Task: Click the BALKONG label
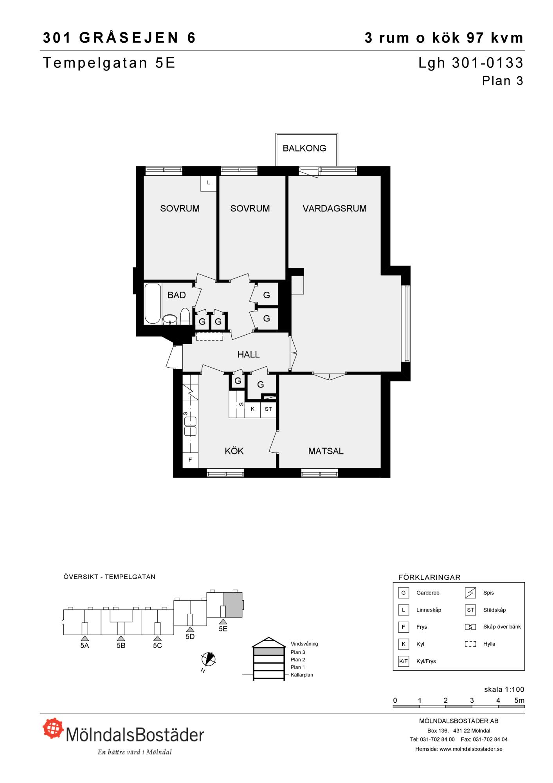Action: point(304,148)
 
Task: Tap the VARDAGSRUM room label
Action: point(335,209)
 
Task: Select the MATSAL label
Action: point(326,451)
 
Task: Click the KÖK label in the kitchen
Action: point(234,451)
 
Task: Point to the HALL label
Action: point(249,355)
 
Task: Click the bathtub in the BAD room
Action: point(152,304)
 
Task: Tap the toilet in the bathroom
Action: point(185,316)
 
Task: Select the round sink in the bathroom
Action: point(170,319)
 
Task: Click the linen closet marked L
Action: point(209,183)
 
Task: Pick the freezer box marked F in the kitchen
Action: point(190,460)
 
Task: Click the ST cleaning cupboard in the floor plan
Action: point(268,410)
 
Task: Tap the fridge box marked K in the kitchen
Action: point(253,410)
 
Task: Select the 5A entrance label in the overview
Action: point(85,646)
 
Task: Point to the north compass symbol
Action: point(209,659)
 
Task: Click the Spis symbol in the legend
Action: point(470,593)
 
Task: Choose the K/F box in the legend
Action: point(403,661)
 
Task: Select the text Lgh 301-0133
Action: point(471,63)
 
